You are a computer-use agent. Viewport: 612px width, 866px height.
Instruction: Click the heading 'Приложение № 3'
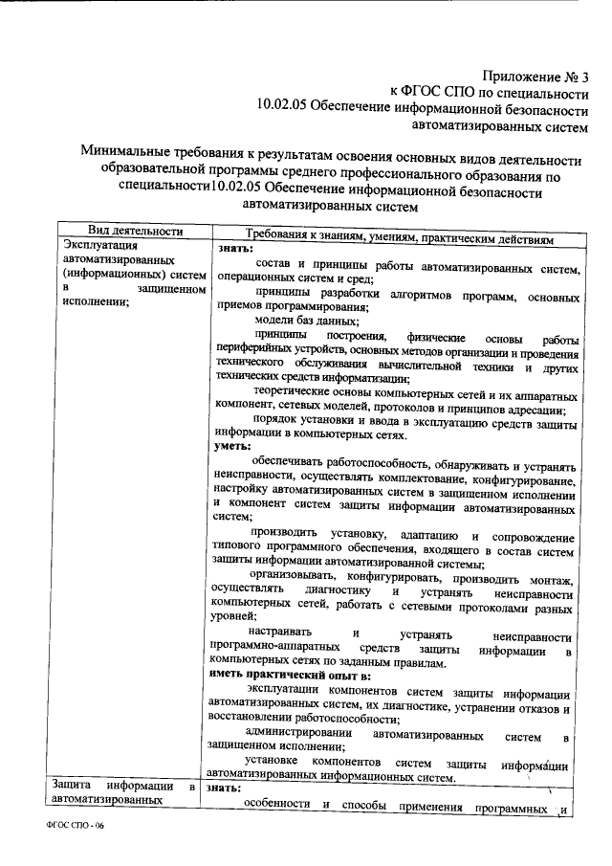pyautogui.click(x=536, y=74)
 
